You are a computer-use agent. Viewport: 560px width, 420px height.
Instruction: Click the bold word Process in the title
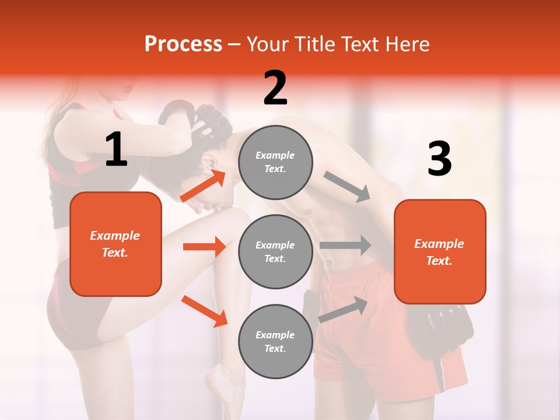[183, 44]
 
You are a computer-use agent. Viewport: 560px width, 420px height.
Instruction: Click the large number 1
[116, 150]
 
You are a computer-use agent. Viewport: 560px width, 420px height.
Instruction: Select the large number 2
[275, 88]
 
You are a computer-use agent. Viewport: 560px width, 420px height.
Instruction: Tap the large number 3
[439, 159]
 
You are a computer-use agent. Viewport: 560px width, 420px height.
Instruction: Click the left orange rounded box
[116, 244]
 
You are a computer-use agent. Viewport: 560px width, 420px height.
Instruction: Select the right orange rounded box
[440, 251]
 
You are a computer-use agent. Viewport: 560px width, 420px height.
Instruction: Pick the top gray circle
[275, 162]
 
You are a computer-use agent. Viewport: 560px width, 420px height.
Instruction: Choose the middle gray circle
[275, 251]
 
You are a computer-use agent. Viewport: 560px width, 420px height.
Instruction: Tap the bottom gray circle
[275, 341]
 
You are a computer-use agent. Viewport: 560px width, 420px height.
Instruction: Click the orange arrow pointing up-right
[203, 186]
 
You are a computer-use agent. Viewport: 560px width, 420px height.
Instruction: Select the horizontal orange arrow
[204, 247]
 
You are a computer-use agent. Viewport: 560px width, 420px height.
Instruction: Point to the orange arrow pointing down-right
[204, 311]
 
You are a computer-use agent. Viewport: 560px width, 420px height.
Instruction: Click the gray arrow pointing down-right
[347, 187]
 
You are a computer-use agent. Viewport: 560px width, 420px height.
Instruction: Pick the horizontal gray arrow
[345, 245]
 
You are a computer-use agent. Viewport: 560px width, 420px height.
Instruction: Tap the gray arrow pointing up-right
[344, 309]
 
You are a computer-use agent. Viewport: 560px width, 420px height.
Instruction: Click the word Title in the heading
[316, 44]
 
